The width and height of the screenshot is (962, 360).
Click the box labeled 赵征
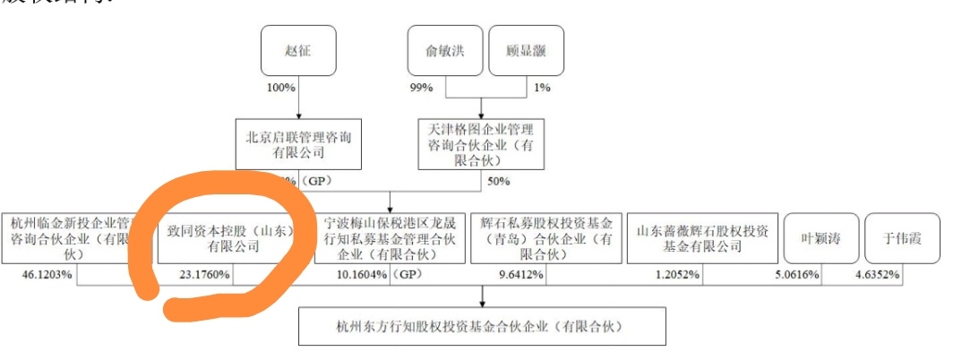pos(298,51)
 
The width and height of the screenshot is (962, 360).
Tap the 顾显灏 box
pos(528,51)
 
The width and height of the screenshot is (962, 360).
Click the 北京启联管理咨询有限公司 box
pos(297,144)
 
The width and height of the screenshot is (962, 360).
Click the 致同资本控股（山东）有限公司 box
pos(234,238)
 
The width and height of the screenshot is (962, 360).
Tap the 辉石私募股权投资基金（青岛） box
pos(545,238)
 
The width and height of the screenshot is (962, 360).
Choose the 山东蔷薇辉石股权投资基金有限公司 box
pos(701,238)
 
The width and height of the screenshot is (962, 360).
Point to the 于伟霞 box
pos(903,238)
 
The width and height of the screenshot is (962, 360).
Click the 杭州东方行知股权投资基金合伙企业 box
pos(482,326)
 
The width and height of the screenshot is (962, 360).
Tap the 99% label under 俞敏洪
pos(422,89)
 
